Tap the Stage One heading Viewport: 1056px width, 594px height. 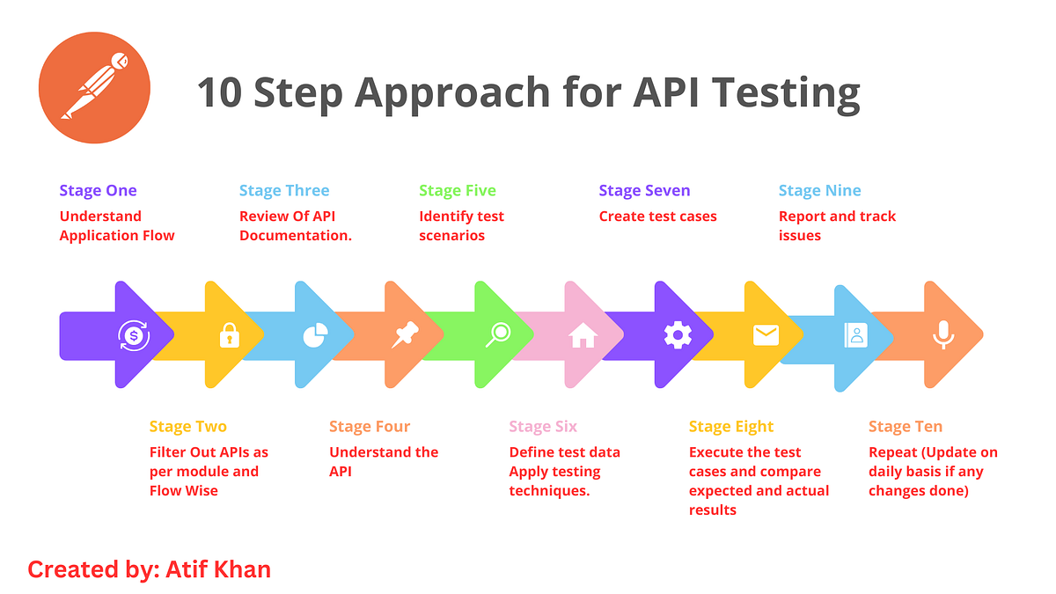point(98,191)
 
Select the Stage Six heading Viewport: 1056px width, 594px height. point(543,427)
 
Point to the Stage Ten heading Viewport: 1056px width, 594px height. point(905,427)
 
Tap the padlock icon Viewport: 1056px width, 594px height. point(229,335)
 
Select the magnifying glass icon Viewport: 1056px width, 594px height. point(499,334)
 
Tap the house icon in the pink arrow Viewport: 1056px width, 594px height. point(583,335)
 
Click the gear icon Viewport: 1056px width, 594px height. point(678,335)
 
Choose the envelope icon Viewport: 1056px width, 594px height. point(766,335)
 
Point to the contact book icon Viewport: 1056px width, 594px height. point(854,335)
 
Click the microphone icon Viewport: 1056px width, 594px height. point(943,334)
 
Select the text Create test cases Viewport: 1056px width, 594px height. point(657,216)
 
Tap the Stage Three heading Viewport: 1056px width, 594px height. point(284,191)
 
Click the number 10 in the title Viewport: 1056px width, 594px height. point(219,92)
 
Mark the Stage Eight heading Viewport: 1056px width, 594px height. point(731,427)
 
